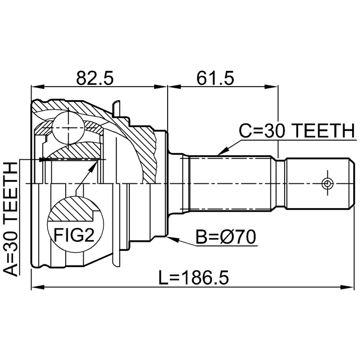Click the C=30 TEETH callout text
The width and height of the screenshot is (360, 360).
click(296, 130)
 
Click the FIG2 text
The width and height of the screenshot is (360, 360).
click(73, 234)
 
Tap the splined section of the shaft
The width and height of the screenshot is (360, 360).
click(231, 183)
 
